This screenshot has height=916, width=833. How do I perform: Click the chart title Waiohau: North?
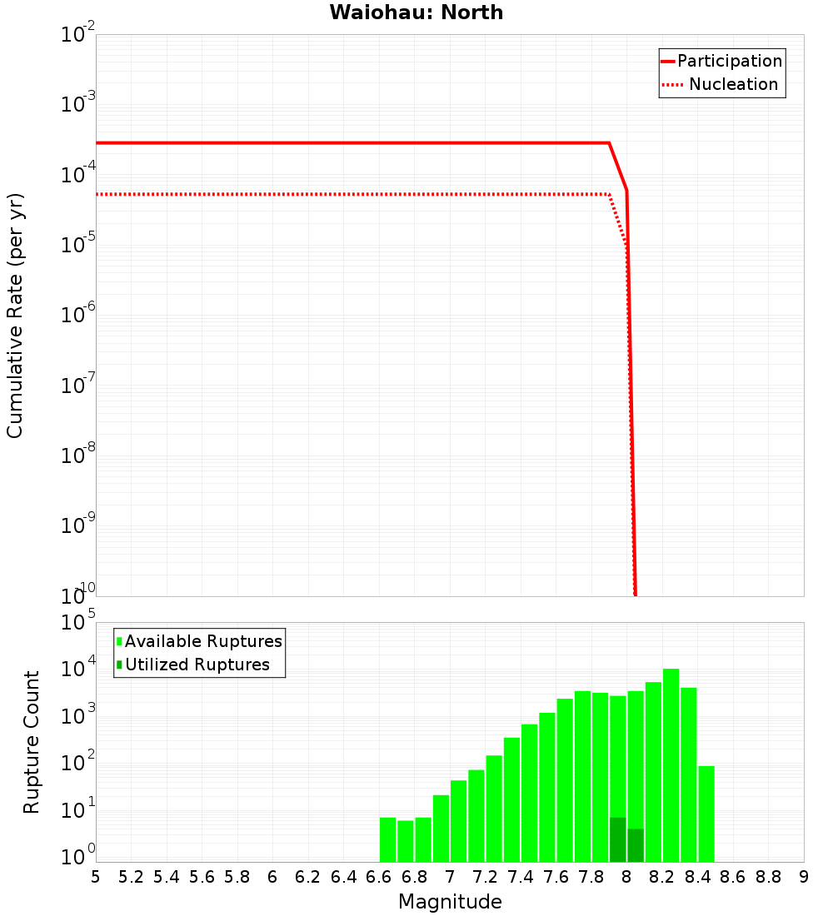[416, 12]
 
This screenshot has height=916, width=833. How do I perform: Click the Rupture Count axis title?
[32, 742]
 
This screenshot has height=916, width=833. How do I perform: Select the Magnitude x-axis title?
[450, 902]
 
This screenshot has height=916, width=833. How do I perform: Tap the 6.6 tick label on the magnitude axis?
[379, 876]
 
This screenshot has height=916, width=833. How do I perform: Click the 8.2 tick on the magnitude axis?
[662, 876]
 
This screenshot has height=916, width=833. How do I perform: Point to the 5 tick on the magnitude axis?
[96, 876]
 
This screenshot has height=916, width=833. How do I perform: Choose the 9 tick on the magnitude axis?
[804, 876]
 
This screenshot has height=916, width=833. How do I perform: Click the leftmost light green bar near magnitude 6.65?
[387, 839]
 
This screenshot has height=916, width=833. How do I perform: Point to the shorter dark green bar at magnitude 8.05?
[636, 845]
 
